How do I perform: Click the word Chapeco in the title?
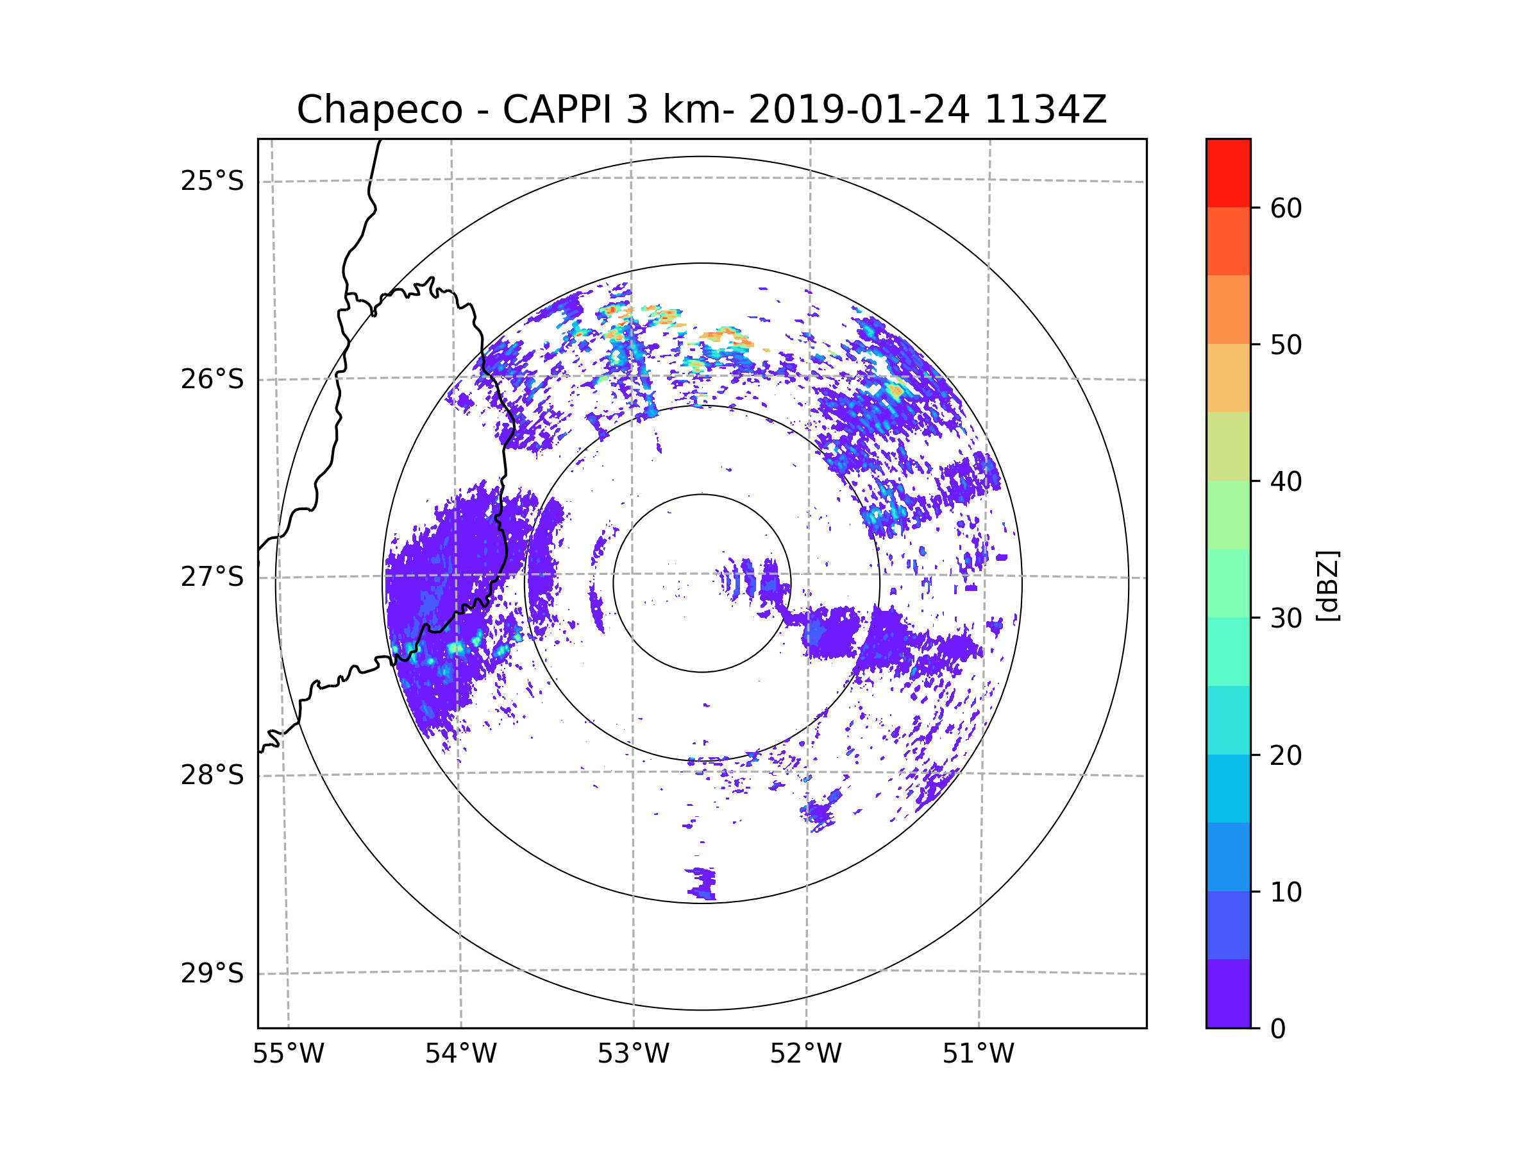[379, 110]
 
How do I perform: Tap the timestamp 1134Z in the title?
[1045, 110]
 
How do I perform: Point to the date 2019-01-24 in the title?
[858, 110]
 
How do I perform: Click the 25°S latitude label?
[212, 181]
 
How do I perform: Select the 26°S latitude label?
[212, 379]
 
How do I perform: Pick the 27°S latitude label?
[212, 577]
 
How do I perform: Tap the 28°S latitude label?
[212, 775]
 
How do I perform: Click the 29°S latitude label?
[212, 973]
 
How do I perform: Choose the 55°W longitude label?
[288, 1054]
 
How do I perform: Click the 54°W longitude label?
[460, 1054]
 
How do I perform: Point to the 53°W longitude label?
[633, 1054]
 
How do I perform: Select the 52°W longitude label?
[805, 1054]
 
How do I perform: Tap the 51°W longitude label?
[978, 1054]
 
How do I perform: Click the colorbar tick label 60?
[1286, 208]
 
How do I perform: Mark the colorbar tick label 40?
[1286, 482]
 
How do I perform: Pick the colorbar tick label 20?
[1286, 755]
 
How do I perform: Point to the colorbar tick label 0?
[1278, 1029]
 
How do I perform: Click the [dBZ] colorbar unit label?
[1328, 585]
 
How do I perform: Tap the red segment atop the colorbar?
[1228, 173]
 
